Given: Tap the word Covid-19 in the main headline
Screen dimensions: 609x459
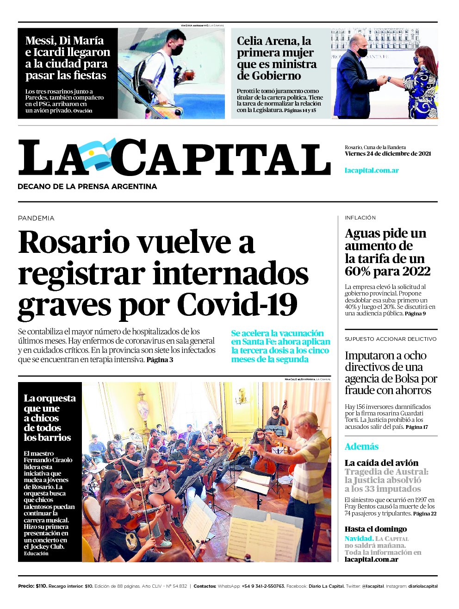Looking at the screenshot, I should pyautogui.click(x=237, y=304).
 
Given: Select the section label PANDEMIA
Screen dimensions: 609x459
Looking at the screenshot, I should pyautogui.click(x=36, y=218).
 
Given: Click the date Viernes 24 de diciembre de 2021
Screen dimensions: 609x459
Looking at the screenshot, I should pyautogui.click(x=388, y=154).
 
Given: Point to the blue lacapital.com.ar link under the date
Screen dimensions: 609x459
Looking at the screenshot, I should pyautogui.click(x=372, y=170).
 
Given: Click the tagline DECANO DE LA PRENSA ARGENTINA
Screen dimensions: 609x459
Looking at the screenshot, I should pyautogui.click(x=87, y=187).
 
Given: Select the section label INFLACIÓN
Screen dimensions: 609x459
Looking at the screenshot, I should pyautogui.click(x=360, y=218).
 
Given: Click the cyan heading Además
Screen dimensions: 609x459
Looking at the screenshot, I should pyautogui.click(x=361, y=447).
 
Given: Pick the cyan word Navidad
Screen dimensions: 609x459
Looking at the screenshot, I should pyautogui.click(x=359, y=539).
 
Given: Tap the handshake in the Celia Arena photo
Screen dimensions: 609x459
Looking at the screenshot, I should pyautogui.click(x=382, y=80).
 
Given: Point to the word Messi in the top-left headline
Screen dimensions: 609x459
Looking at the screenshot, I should pyautogui.click(x=41, y=41).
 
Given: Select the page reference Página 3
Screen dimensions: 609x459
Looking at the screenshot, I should pyautogui.click(x=160, y=360).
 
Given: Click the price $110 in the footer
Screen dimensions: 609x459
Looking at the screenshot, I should pyautogui.click(x=41, y=586).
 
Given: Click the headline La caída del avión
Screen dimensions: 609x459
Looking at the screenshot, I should pyautogui.click(x=381, y=463).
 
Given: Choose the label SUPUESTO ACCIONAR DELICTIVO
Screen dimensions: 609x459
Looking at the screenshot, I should pyautogui.click(x=391, y=339).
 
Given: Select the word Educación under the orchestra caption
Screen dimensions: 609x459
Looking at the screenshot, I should pyautogui.click(x=36, y=553).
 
